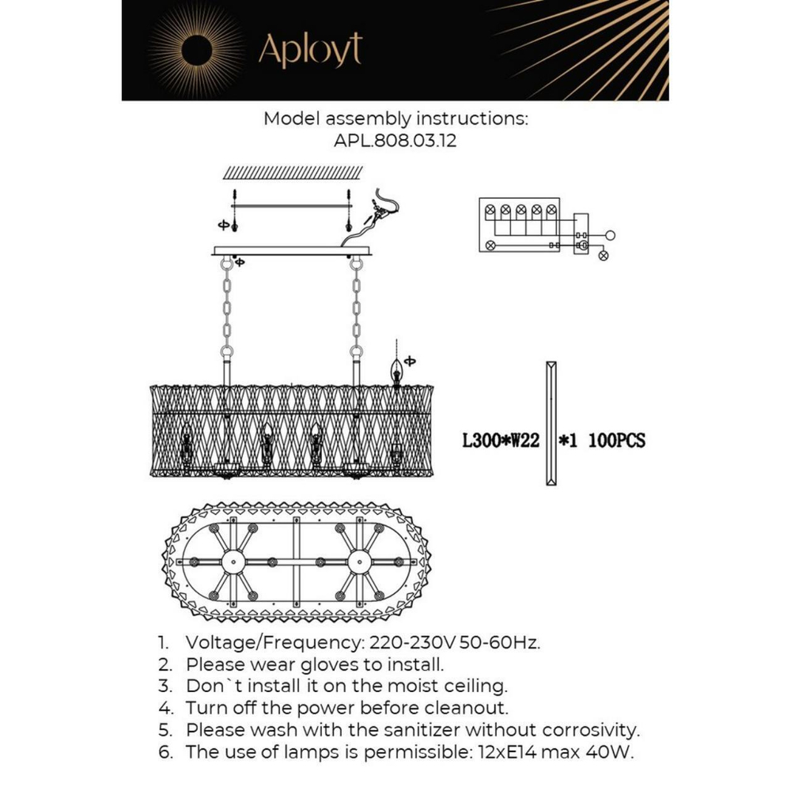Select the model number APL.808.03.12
395,142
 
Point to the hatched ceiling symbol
293,172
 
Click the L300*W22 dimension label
500,440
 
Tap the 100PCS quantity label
616,440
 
